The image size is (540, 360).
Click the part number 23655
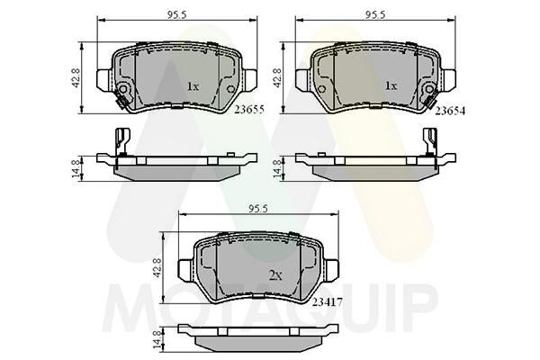point(249,110)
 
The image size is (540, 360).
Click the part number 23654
point(450,111)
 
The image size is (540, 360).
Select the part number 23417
point(328,302)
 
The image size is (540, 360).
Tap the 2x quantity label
point(275,275)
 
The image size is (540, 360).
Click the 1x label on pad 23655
point(193,86)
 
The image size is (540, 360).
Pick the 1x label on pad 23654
point(391,85)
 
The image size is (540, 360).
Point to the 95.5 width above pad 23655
point(177,15)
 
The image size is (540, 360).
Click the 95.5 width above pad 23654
point(375,15)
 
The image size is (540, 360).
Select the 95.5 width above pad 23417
point(258,209)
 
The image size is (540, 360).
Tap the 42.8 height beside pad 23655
point(76,77)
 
